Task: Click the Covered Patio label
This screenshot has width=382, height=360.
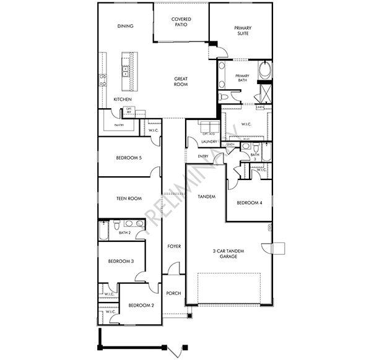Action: (x=181, y=22)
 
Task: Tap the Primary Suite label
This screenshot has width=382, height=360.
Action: (x=242, y=31)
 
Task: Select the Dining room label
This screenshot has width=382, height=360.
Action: (x=126, y=26)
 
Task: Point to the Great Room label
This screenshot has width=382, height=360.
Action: (x=181, y=81)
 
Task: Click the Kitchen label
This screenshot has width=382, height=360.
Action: (x=123, y=100)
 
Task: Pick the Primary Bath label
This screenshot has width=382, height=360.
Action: (x=242, y=79)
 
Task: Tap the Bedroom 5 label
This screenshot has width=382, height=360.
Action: (x=129, y=158)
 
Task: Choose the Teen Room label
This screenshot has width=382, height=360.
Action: (x=129, y=199)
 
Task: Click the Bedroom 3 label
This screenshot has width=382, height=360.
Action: (x=121, y=262)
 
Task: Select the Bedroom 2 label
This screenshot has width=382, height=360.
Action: (x=141, y=306)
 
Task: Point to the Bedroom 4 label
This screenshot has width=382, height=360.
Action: (x=249, y=203)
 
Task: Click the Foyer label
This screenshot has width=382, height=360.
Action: (x=175, y=246)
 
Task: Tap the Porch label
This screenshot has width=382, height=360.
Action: (x=174, y=293)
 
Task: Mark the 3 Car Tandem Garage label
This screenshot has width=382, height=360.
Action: (x=223, y=254)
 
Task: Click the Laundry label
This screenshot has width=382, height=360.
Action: (x=208, y=142)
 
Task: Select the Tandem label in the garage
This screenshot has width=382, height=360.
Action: (x=206, y=197)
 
